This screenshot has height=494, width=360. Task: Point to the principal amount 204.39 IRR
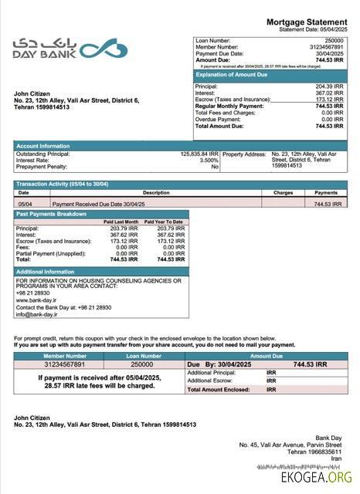pyautogui.click(x=329, y=86)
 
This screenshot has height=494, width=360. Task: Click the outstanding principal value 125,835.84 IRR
pyautogui.click(x=199, y=154)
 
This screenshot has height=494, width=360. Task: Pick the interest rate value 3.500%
pyautogui.click(x=209, y=160)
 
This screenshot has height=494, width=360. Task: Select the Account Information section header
pyautogui.click(x=43, y=145)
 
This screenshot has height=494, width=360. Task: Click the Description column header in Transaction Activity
pyautogui.click(x=155, y=192)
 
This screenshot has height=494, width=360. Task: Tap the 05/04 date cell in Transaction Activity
pyautogui.click(x=25, y=204)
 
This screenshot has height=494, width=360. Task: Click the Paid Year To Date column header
pyautogui.click(x=163, y=222)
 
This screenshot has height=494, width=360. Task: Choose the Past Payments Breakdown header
pyautogui.click(x=51, y=214)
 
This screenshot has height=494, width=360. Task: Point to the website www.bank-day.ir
pyautogui.click(x=36, y=299)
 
